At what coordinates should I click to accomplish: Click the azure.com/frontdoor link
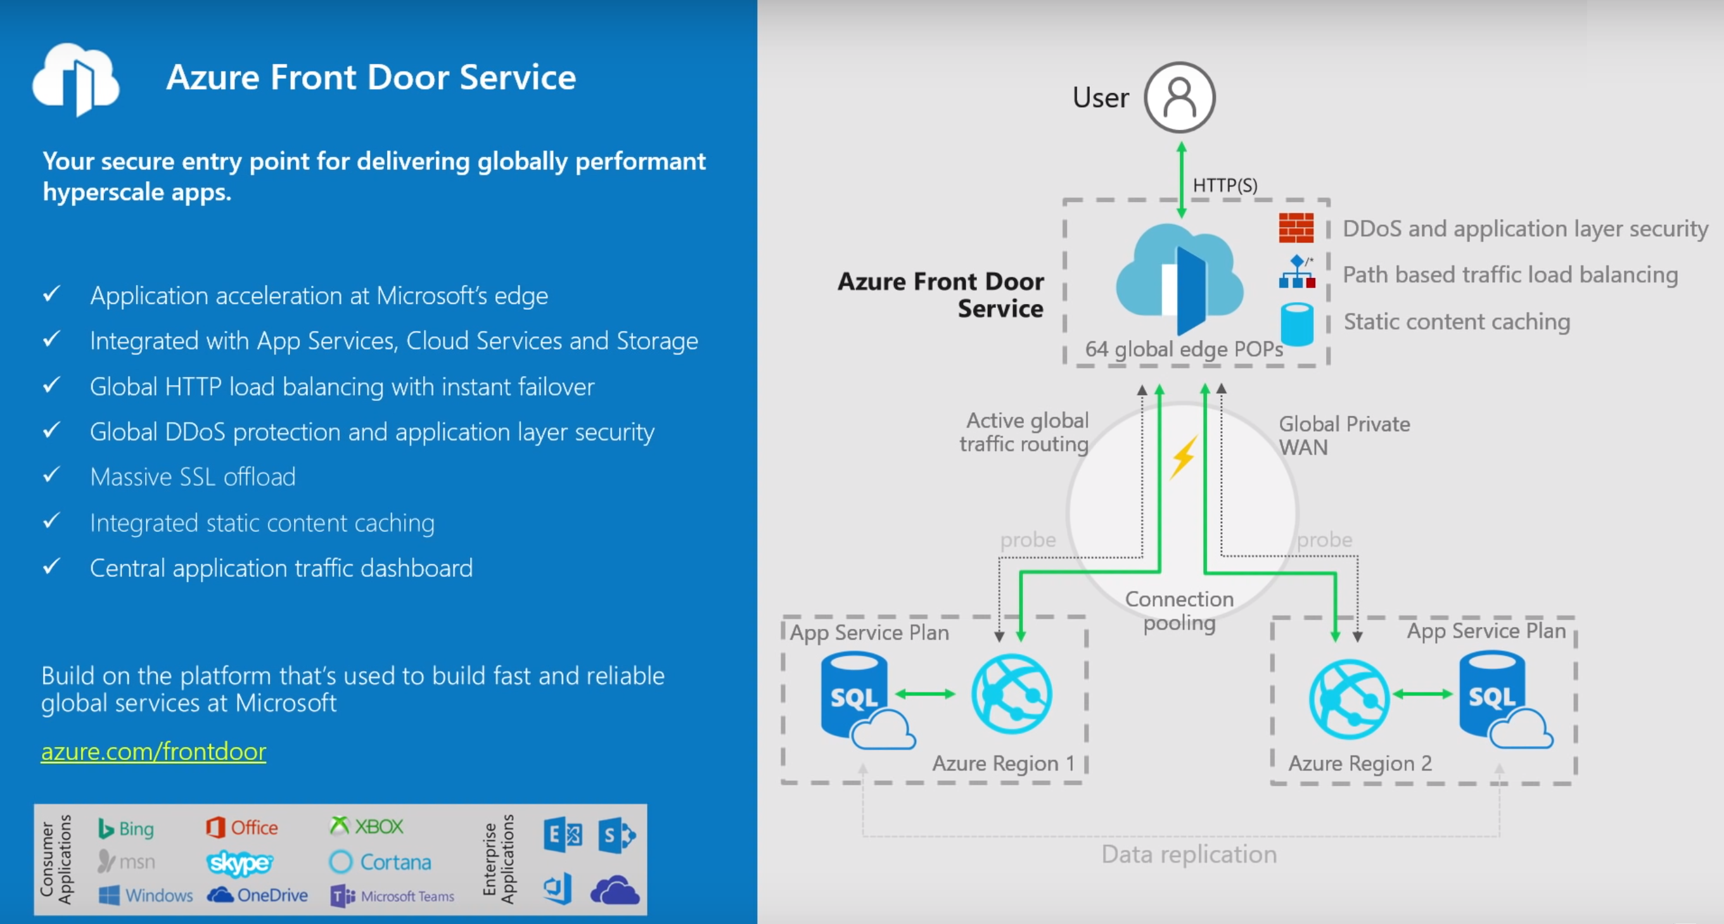point(153,751)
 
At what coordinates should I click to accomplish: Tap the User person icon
point(1179,98)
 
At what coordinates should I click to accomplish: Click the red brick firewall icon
point(1296,228)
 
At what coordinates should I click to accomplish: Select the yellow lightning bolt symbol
point(1184,458)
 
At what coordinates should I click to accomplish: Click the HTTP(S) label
point(1225,186)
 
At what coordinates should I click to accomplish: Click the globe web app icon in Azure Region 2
point(1349,699)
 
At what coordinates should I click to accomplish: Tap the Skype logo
point(239,863)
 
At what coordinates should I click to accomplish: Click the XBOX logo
point(367,826)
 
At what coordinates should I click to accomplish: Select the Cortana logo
point(380,862)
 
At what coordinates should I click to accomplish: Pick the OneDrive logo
point(258,896)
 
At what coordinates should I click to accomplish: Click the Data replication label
point(1189,854)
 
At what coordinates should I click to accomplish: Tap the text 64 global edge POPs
point(1184,348)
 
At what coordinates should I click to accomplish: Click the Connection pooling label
point(1179,611)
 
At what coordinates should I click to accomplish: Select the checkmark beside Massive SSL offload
point(51,475)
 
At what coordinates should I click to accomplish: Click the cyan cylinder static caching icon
point(1296,324)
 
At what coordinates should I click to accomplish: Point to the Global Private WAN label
point(1343,436)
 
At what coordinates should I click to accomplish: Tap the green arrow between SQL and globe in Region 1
point(925,694)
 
